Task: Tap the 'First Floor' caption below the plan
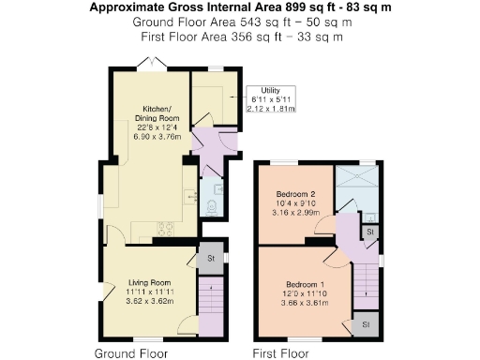[x=281, y=353]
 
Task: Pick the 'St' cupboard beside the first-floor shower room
[x=371, y=231]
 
